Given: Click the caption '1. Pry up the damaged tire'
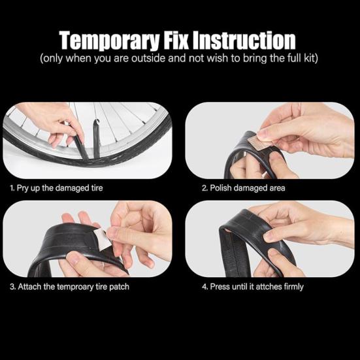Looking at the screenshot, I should [x=57, y=188].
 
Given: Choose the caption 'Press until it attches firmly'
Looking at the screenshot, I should [x=252, y=287].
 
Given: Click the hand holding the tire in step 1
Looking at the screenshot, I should [x=49, y=118].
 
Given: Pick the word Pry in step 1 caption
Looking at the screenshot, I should [x=24, y=188].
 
